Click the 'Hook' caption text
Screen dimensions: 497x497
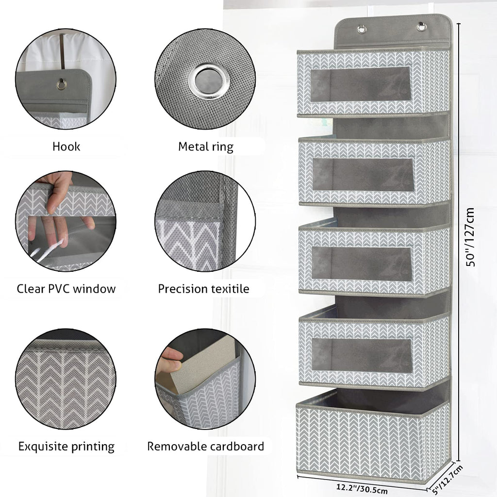click(66, 147)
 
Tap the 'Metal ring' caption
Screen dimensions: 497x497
click(206, 147)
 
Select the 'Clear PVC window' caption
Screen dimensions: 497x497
click(66, 289)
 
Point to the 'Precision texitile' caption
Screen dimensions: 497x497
click(203, 289)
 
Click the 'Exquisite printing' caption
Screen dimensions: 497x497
click(66, 447)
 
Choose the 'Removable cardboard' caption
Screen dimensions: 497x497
click(206, 447)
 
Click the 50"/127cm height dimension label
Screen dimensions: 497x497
click(470, 237)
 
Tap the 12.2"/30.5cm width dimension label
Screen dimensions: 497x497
click(362, 488)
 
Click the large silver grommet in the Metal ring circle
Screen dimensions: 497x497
click(208, 82)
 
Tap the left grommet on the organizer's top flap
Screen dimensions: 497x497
click(362, 30)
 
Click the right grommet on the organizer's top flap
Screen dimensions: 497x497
click(422, 27)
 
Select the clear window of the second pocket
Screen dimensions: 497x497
click(363, 175)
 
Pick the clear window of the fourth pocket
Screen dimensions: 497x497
click(362, 355)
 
